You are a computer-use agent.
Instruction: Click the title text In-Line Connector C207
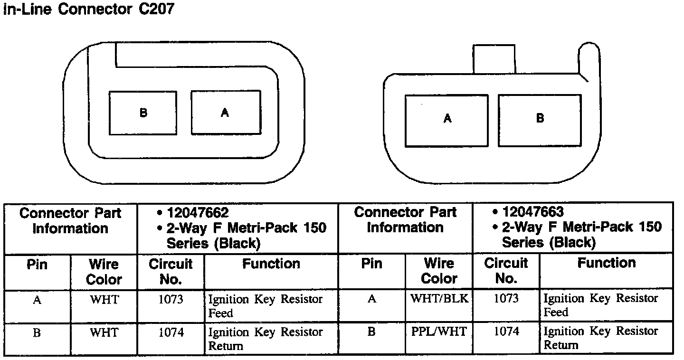tap(89, 9)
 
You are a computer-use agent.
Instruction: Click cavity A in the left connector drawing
tap(226, 113)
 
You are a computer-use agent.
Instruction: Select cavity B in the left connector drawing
tap(143, 113)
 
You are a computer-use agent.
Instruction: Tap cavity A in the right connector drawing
tap(446, 120)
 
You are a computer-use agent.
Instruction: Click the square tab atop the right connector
tap(494, 59)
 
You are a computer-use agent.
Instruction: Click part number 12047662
tap(197, 213)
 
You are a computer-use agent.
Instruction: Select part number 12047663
tap(533, 212)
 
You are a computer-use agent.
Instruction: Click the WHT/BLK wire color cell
tap(439, 299)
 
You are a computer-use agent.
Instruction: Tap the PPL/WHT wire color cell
tap(439, 332)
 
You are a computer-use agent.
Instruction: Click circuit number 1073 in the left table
tap(171, 300)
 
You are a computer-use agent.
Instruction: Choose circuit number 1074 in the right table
tap(506, 332)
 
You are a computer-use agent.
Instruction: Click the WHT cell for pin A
tap(104, 300)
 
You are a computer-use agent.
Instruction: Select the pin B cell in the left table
tap(37, 332)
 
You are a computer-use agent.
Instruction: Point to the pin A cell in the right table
tap(372, 299)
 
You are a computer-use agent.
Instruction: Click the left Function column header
tap(271, 264)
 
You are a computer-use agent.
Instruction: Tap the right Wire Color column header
tap(439, 270)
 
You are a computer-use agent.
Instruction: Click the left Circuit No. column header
tap(171, 271)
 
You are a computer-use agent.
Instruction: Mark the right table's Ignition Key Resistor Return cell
tap(600, 338)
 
